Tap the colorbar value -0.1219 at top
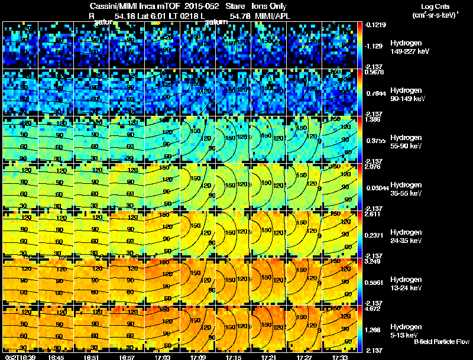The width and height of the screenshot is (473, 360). coord(375,25)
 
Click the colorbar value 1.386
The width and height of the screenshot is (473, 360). coord(375,120)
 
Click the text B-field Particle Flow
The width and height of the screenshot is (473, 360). coord(442,342)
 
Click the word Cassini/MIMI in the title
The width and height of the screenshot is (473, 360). coord(113,6)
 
